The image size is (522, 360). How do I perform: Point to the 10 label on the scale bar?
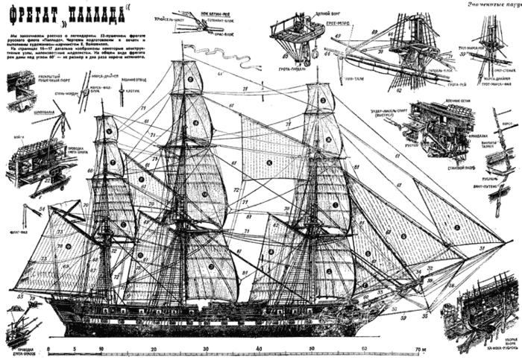coord(101,348)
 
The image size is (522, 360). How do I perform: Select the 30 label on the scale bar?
coord(207,348)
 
